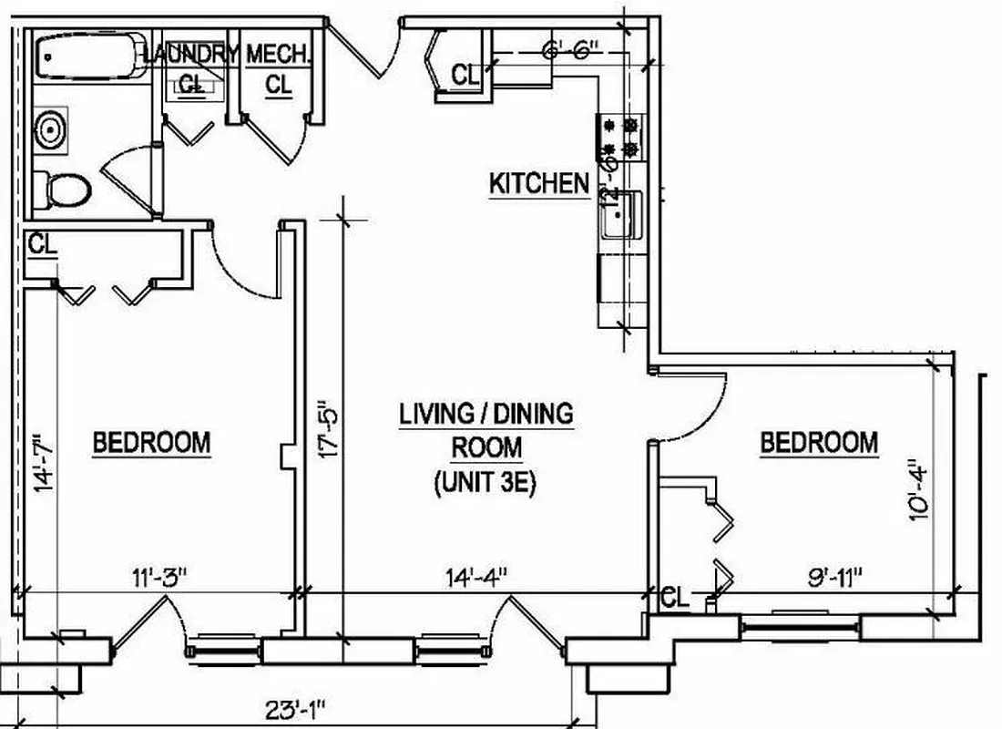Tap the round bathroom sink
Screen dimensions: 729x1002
51,130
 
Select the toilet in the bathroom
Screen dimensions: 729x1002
64,190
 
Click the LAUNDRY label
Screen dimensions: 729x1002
190,54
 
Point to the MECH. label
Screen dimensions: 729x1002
279,54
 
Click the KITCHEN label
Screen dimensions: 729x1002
539,183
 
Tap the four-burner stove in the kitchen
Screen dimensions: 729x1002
621,138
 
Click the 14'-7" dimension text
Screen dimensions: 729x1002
36,464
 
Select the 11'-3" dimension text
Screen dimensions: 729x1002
159,576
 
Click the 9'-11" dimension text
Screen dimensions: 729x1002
833,576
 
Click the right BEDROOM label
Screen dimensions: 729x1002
819,443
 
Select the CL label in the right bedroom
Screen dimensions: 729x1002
675,598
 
